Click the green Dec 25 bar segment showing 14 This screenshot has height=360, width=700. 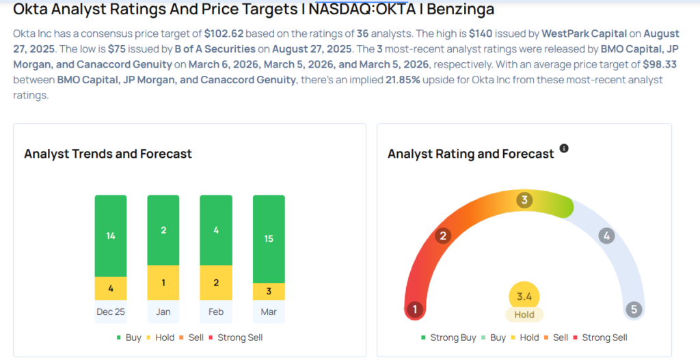point(111,236)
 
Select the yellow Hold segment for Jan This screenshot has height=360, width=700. point(163,283)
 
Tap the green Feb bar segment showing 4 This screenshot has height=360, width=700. point(216,230)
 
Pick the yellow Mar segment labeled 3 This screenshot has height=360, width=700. point(269,292)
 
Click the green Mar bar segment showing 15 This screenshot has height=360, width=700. point(269,239)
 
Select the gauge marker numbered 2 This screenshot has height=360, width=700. point(443,236)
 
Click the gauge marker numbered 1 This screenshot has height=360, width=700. point(414,309)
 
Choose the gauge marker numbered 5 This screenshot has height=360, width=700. point(634,309)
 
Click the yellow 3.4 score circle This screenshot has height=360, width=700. point(524,296)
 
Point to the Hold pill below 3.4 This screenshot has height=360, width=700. point(524,315)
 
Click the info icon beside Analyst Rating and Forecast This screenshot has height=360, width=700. point(564,148)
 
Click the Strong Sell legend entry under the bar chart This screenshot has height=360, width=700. point(239,337)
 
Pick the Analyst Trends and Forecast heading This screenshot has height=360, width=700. point(108,154)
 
